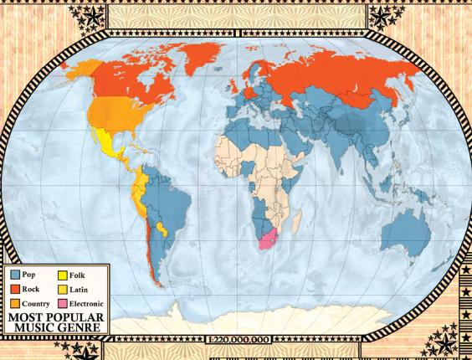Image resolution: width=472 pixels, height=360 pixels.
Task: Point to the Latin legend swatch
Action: (x=64, y=288)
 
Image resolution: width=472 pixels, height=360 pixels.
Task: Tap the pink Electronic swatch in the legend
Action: (x=64, y=302)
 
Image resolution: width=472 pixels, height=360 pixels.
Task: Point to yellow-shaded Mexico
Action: (x=109, y=142)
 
